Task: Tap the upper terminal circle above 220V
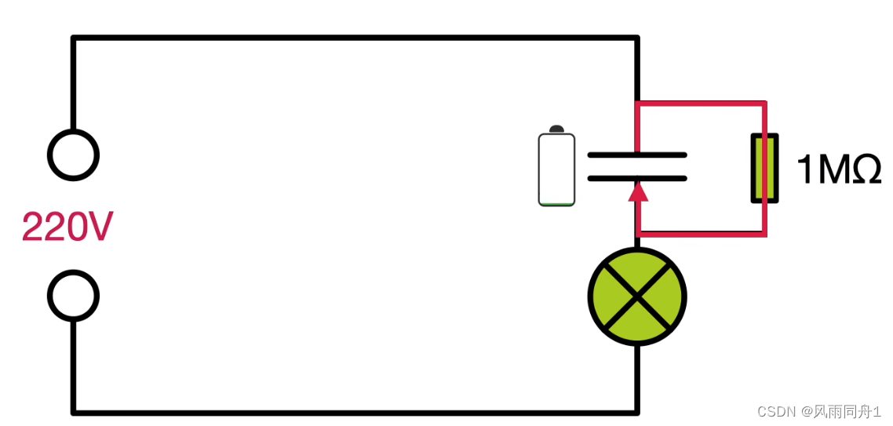73,155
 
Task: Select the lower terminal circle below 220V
73,296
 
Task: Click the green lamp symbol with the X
637,297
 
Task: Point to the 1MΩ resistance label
839,169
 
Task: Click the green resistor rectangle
765,168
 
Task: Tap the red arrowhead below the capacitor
638,191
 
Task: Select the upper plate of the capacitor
637,155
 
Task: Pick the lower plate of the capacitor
637,178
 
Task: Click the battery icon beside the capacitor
556,169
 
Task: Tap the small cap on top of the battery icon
556,129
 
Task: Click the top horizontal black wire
353,38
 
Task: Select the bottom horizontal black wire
353,411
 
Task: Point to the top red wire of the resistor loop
701,103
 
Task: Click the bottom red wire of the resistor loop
701,233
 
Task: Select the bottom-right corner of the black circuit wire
636,410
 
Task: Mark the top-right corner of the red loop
764,103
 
